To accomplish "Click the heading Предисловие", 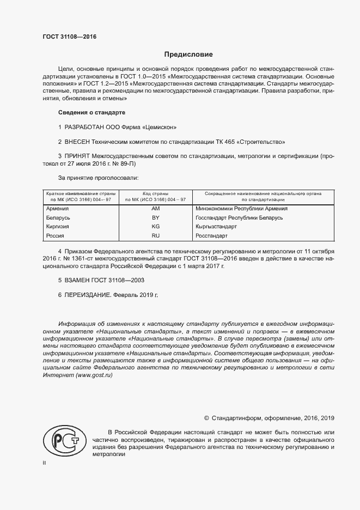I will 188,54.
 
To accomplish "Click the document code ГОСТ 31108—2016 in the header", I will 65,37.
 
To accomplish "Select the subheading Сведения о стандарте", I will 91,112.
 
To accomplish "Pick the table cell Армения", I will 57,209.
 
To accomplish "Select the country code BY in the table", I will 155,217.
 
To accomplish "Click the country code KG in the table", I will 155,227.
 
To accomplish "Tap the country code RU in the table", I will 155,236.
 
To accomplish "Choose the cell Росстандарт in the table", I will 211,236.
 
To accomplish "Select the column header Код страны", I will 155,193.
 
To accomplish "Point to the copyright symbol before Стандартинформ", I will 206,418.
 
